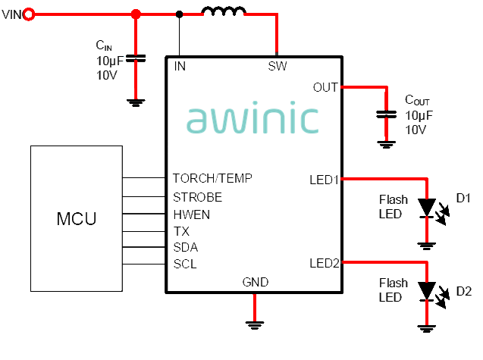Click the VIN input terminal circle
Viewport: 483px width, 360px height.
tap(28, 14)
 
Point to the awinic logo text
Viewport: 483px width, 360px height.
tap(252, 119)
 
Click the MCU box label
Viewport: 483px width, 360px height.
tap(77, 220)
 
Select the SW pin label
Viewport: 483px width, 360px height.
tap(278, 66)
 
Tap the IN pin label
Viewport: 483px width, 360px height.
tap(180, 66)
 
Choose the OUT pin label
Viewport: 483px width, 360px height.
tap(325, 87)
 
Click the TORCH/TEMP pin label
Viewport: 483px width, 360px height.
tap(212, 179)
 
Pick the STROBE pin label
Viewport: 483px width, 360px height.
tap(197, 197)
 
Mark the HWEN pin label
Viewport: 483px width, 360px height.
tap(192, 214)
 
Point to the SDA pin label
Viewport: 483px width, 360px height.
tap(186, 247)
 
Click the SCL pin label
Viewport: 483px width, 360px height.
tap(186, 264)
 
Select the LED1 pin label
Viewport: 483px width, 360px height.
tap(324, 180)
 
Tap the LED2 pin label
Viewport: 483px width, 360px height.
tap(324, 264)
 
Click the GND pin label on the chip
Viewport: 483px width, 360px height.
tap(256, 282)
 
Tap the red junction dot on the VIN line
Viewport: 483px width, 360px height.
tap(136, 14)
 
